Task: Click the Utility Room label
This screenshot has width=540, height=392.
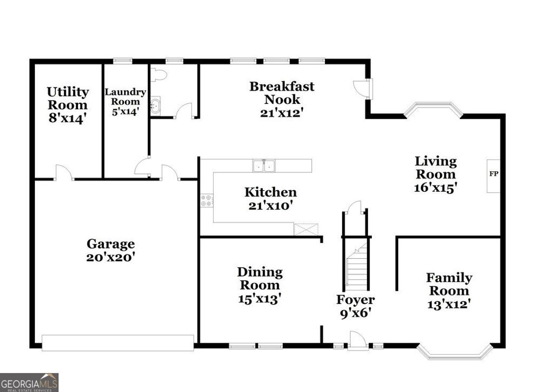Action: click(x=67, y=99)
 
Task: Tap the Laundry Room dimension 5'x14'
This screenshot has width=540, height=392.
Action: click(x=125, y=112)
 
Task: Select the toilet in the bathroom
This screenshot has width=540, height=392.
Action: click(x=158, y=74)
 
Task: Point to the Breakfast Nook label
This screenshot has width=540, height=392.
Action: click(x=282, y=93)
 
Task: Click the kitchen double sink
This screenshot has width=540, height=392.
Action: click(x=264, y=166)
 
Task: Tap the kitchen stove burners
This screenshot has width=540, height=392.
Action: click(x=207, y=200)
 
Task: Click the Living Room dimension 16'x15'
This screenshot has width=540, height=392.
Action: click(x=435, y=187)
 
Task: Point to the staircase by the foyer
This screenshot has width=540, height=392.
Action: click(x=358, y=270)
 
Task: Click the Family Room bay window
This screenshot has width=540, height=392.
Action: click(x=455, y=352)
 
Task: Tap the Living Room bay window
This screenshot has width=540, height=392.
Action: click(x=433, y=109)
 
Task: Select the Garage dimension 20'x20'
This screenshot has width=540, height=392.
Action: click(x=111, y=258)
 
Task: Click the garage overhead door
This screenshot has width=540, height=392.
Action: click(x=118, y=342)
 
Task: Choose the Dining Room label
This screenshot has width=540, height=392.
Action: click(x=259, y=279)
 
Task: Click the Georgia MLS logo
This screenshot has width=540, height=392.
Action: click(x=29, y=382)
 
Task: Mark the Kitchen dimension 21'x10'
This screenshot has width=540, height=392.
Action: click(x=271, y=205)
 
